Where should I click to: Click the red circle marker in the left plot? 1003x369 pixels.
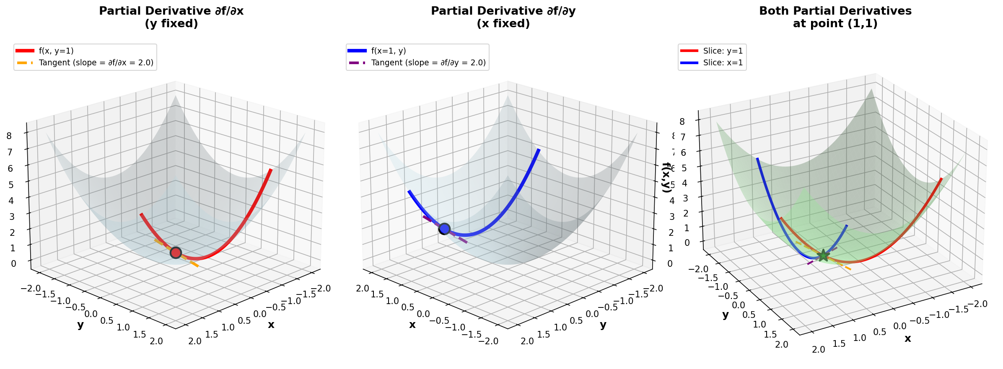(176, 253)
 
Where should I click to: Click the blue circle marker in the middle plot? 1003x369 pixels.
(444, 229)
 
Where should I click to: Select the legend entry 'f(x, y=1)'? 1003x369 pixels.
(56, 51)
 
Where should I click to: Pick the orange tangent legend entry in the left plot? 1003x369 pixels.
(96, 63)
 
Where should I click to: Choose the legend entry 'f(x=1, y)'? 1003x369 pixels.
(388, 51)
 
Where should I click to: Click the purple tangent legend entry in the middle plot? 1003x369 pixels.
(428, 63)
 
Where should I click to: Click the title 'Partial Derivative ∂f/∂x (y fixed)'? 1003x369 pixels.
(171, 17)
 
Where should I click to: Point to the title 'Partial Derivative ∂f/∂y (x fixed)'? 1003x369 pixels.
(503, 17)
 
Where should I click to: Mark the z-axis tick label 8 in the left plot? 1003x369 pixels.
(10, 136)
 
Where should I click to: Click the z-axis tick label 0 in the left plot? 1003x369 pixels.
(13, 264)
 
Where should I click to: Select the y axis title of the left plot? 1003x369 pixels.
(80, 325)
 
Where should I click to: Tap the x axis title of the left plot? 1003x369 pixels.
(271, 325)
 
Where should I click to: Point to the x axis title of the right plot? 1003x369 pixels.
(908, 338)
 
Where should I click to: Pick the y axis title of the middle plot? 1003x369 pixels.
(603, 325)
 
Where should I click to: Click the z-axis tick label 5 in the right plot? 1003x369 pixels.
(684, 168)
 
